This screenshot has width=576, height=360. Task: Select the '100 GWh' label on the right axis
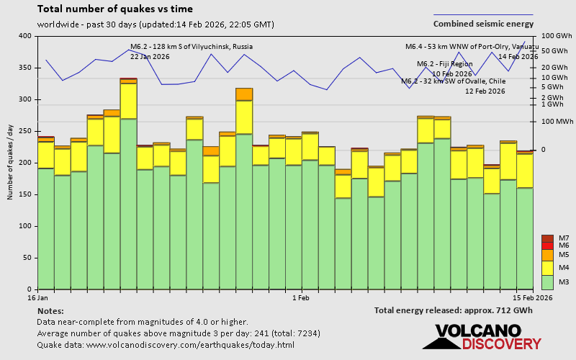[556, 36]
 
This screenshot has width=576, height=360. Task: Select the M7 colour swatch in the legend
[547, 238]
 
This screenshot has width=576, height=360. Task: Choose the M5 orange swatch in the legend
[547, 255]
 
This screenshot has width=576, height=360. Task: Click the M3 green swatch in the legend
[547, 282]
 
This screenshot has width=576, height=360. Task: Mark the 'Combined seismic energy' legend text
[483, 24]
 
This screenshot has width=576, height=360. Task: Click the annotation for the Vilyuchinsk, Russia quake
[191, 46]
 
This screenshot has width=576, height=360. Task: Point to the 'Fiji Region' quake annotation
[444, 64]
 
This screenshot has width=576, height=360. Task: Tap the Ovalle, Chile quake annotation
[453, 81]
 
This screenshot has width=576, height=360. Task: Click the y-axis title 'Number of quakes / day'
[11, 163]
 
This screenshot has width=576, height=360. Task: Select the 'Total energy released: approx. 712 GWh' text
[453, 310]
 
